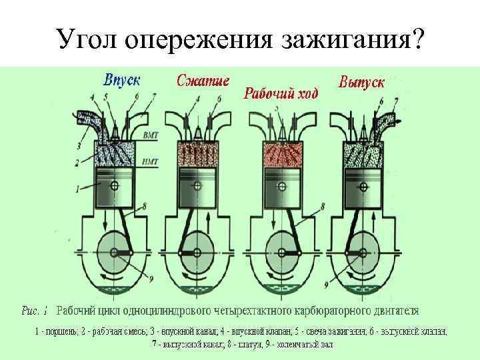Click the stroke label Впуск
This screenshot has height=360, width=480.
point(121,80)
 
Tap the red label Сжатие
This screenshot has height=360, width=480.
point(203,81)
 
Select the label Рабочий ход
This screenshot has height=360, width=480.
point(280,92)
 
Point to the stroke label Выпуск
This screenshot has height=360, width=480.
point(361,82)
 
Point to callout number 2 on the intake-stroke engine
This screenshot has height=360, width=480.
point(77,162)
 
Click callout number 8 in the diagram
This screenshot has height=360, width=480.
point(322,207)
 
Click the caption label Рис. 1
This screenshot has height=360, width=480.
point(35,311)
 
